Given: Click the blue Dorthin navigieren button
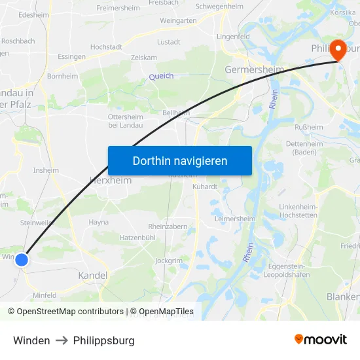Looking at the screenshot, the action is tap(180, 161).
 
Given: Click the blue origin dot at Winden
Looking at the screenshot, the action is tap(22, 260).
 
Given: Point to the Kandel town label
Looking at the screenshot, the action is tap(93, 276).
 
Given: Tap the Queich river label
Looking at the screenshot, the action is tap(161, 77).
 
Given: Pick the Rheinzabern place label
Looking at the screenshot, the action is tap(168, 226).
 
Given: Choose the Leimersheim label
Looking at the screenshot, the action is tap(234, 219).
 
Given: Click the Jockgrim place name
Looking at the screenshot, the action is tap(168, 261).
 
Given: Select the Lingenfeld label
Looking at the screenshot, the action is tap(233, 36).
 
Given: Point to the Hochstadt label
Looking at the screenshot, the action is tap(106, 47).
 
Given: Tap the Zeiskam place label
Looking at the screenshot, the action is tap(144, 58).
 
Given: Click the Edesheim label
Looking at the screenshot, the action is tap(33, 14).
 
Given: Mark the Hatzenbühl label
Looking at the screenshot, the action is tap(137, 237).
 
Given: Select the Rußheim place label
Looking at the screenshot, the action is tap(310, 128).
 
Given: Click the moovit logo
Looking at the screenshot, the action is tap(321, 340).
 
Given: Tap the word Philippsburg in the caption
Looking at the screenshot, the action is tap(104, 340).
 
